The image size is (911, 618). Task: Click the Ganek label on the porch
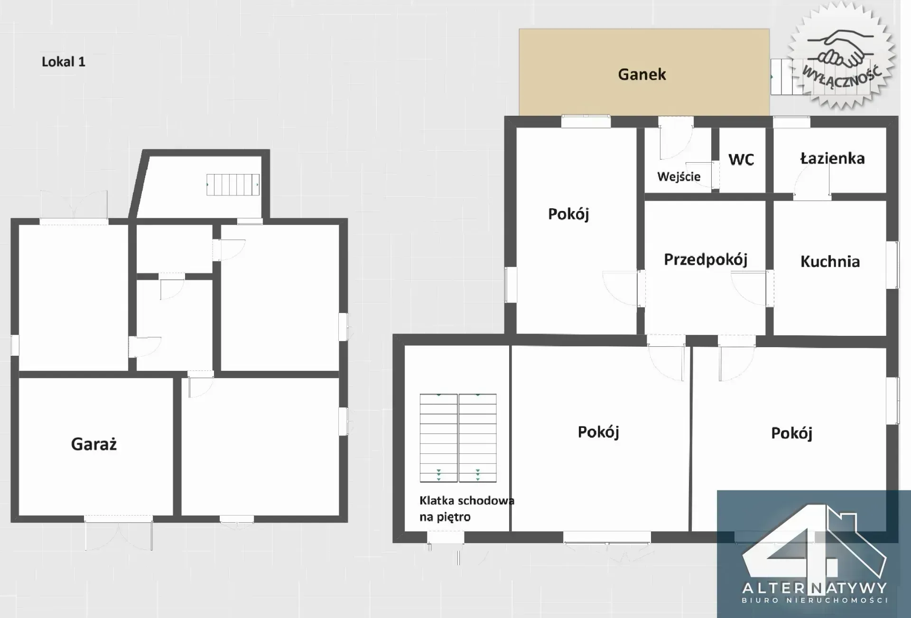pos(642,74)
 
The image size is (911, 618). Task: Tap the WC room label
pos(741,160)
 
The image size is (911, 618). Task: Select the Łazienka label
pos(832,158)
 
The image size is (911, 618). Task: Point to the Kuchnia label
pos(830,261)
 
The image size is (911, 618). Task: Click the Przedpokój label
pos(706,260)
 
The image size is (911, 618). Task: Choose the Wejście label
pos(679,177)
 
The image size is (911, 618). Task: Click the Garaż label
pos(94,444)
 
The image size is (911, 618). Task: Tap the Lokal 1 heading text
pos(64,62)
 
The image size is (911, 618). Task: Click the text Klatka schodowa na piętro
pos(467,508)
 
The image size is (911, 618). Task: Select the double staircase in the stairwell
pos(458,438)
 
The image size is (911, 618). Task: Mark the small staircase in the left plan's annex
pos(233,184)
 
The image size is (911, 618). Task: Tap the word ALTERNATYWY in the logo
pos(814,588)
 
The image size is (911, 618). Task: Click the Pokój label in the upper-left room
pos(568,214)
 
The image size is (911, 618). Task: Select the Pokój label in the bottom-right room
pos(791,433)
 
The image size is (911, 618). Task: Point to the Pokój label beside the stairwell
pos(598,432)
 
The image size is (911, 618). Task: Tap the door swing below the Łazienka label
pos(812,182)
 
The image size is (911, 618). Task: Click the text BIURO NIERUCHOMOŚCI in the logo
pos(815,600)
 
